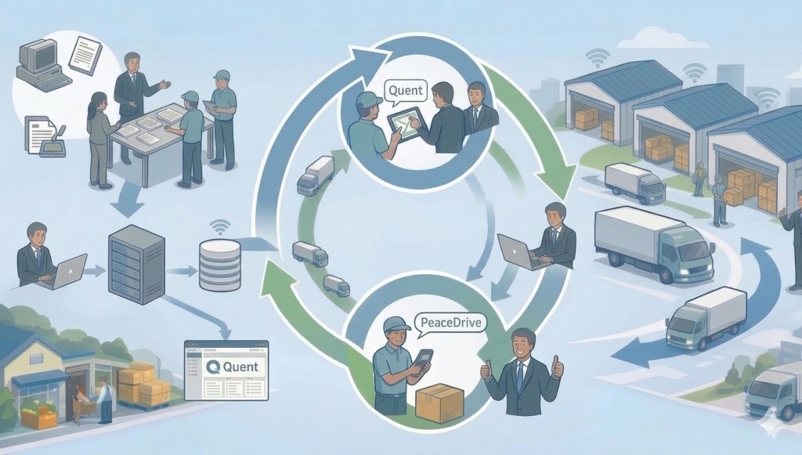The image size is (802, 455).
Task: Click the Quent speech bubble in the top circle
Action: tap(405, 91)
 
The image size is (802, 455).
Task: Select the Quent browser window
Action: tap(226, 370)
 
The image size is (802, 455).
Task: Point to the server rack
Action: tap(137, 263)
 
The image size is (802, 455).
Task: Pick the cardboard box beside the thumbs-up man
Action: tap(439, 403)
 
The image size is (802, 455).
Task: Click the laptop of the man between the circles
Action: tap(518, 252)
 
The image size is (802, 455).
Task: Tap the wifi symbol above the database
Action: tap(220, 228)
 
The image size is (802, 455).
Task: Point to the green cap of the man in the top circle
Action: tap(368, 99)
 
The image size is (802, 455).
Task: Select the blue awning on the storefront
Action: tap(38, 379)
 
